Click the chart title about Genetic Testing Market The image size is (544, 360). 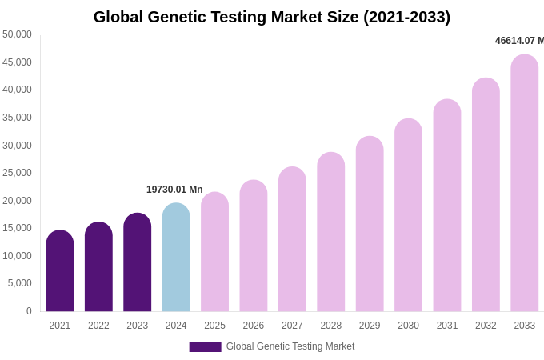pos(272,17)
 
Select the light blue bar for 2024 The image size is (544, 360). pos(176,258)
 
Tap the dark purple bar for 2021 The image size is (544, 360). pos(60,271)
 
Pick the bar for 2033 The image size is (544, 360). pos(525,183)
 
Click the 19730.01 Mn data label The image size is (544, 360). pos(174,190)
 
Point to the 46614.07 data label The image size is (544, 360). pos(518,41)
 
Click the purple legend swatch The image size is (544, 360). pos(205,347)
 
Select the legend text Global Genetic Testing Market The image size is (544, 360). pos(290,346)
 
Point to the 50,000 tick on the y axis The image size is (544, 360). pos(17,34)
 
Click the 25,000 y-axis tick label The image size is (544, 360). pos(17,173)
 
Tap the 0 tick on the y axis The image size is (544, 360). pos(29,311)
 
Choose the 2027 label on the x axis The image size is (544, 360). pos(292,326)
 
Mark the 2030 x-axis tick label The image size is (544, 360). pos(408,326)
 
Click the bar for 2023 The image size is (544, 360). pos(138,262)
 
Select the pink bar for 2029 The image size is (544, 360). pos(370,224)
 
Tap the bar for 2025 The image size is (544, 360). pos(214,252)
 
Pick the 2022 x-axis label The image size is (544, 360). pos(98,326)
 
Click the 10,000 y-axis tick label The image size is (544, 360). pos(17,256)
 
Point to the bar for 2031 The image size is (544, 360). pos(447,206)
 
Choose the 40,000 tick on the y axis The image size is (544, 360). pos(17,90)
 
